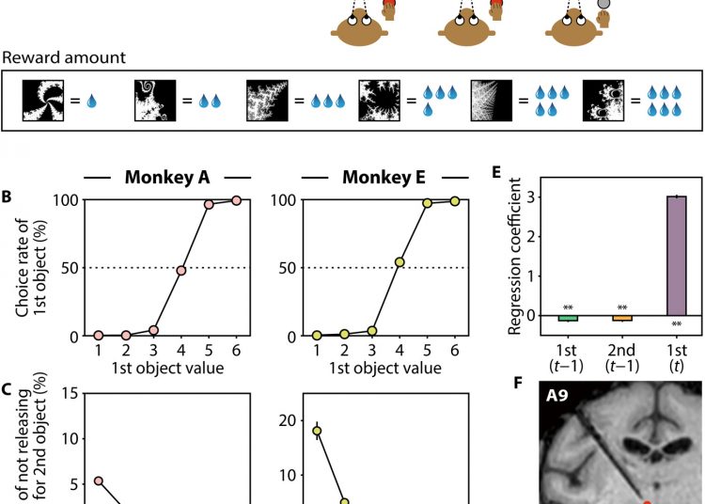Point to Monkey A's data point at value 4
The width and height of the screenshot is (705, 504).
click(x=180, y=270)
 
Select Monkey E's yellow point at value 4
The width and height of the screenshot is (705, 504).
click(x=399, y=262)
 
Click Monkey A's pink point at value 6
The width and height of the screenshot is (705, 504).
click(x=236, y=200)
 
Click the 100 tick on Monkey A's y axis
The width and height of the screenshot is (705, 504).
click(x=69, y=200)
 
